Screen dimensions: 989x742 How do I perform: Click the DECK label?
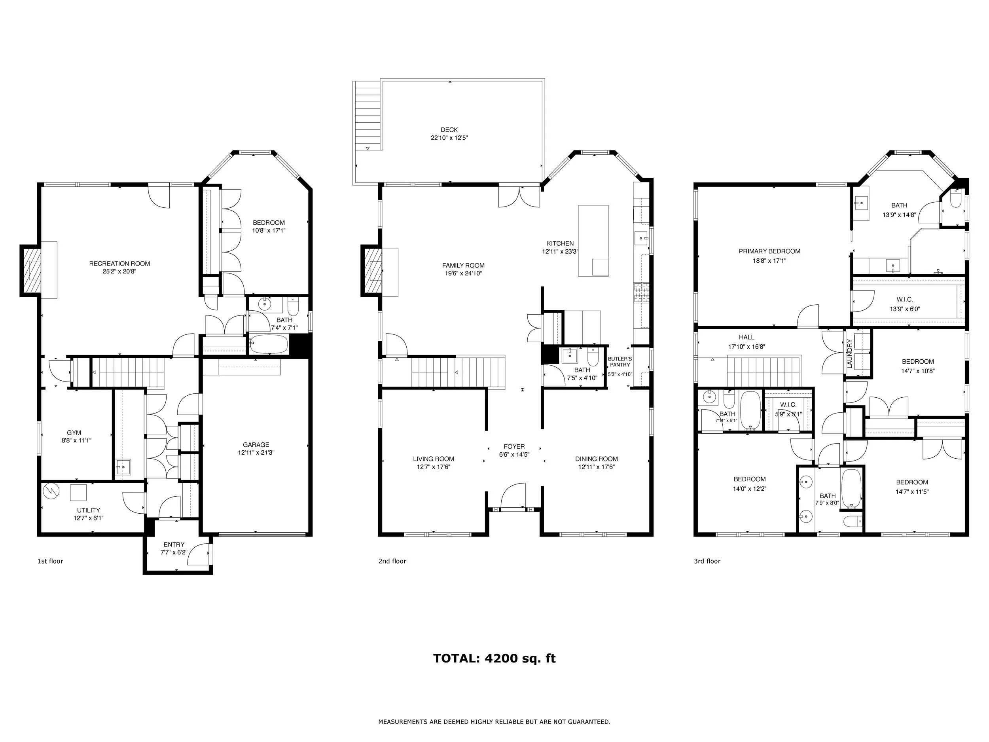(x=449, y=130)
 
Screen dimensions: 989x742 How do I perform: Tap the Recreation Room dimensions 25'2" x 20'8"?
(x=119, y=271)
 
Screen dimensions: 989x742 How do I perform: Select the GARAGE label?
(x=256, y=444)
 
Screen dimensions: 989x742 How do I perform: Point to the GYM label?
(x=74, y=433)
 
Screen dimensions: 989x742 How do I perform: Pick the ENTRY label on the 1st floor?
(x=174, y=544)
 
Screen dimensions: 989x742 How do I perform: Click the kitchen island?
(x=593, y=241)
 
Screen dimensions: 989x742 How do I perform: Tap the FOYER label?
(x=514, y=446)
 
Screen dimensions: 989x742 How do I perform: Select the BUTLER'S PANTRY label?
(x=620, y=362)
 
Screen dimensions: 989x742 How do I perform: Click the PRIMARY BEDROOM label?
(x=769, y=251)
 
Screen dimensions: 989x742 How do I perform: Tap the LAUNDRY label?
(x=849, y=354)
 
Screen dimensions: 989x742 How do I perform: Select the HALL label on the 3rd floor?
(x=746, y=337)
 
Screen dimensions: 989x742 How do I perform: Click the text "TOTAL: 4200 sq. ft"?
(x=494, y=659)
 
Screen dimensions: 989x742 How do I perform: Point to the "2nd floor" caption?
(x=392, y=561)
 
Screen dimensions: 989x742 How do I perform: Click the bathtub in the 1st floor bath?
(x=268, y=344)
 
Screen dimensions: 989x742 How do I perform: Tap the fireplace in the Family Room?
(x=372, y=271)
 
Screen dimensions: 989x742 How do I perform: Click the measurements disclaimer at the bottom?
(x=494, y=722)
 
